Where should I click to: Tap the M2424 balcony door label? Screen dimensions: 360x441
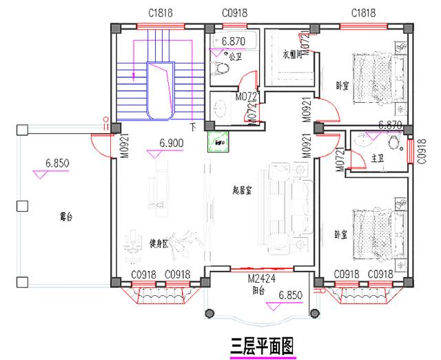pos(262,280)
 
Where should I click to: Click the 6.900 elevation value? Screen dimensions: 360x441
pos(171,143)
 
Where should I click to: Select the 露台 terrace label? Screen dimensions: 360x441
pos(66,217)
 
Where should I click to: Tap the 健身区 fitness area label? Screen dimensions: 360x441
pos(160,243)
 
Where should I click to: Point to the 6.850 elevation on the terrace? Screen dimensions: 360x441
pos(57,163)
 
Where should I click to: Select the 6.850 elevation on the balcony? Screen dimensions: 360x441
pos(291,295)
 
